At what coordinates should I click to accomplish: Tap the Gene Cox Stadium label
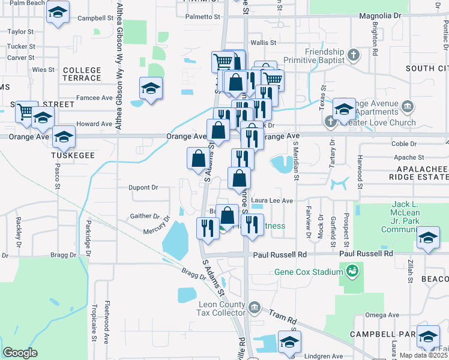[x=308, y=271]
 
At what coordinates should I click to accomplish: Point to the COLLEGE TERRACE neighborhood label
[x=82, y=74]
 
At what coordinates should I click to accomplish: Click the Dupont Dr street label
[x=143, y=187]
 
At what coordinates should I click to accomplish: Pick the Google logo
[x=20, y=352]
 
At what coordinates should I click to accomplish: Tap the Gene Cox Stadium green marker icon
[x=352, y=271]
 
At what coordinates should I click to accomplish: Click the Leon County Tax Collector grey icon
[x=254, y=308]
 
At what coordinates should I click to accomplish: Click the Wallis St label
[x=263, y=43]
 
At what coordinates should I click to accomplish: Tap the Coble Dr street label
[x=404, y=144]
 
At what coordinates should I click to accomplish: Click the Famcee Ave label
[x=94, y=97]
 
